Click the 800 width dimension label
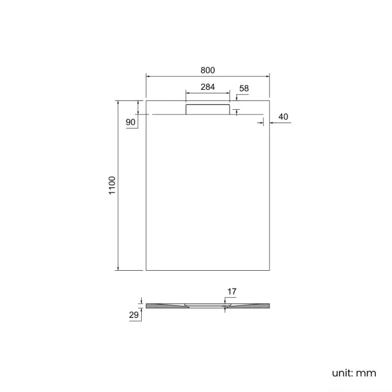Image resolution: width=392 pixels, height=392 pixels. pos(207,70)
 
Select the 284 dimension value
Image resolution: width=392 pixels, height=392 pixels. pos(207,87)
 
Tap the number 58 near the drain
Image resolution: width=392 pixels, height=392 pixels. pos(244,89)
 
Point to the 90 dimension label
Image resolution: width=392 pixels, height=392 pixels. pos(130,122)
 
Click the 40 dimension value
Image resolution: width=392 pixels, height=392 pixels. pos(283,116)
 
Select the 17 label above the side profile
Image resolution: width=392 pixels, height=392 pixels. pos(232,292)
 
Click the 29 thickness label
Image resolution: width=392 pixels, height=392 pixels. pos(134,314)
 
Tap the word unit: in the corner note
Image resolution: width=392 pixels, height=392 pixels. pos(342,373)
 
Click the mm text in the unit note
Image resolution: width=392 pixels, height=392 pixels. pos(366,373)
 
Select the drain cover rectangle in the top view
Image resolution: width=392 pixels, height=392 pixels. pos(207,109)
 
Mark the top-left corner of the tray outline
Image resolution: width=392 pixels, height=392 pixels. pos(147,100)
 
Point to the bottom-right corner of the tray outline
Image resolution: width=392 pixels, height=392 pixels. pos(269,270)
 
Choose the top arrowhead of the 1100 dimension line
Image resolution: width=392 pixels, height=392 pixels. pos(118,102)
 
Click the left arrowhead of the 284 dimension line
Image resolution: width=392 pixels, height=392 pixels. pos(187,93)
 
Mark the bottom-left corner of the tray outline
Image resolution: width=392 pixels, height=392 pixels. pos(147,270)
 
